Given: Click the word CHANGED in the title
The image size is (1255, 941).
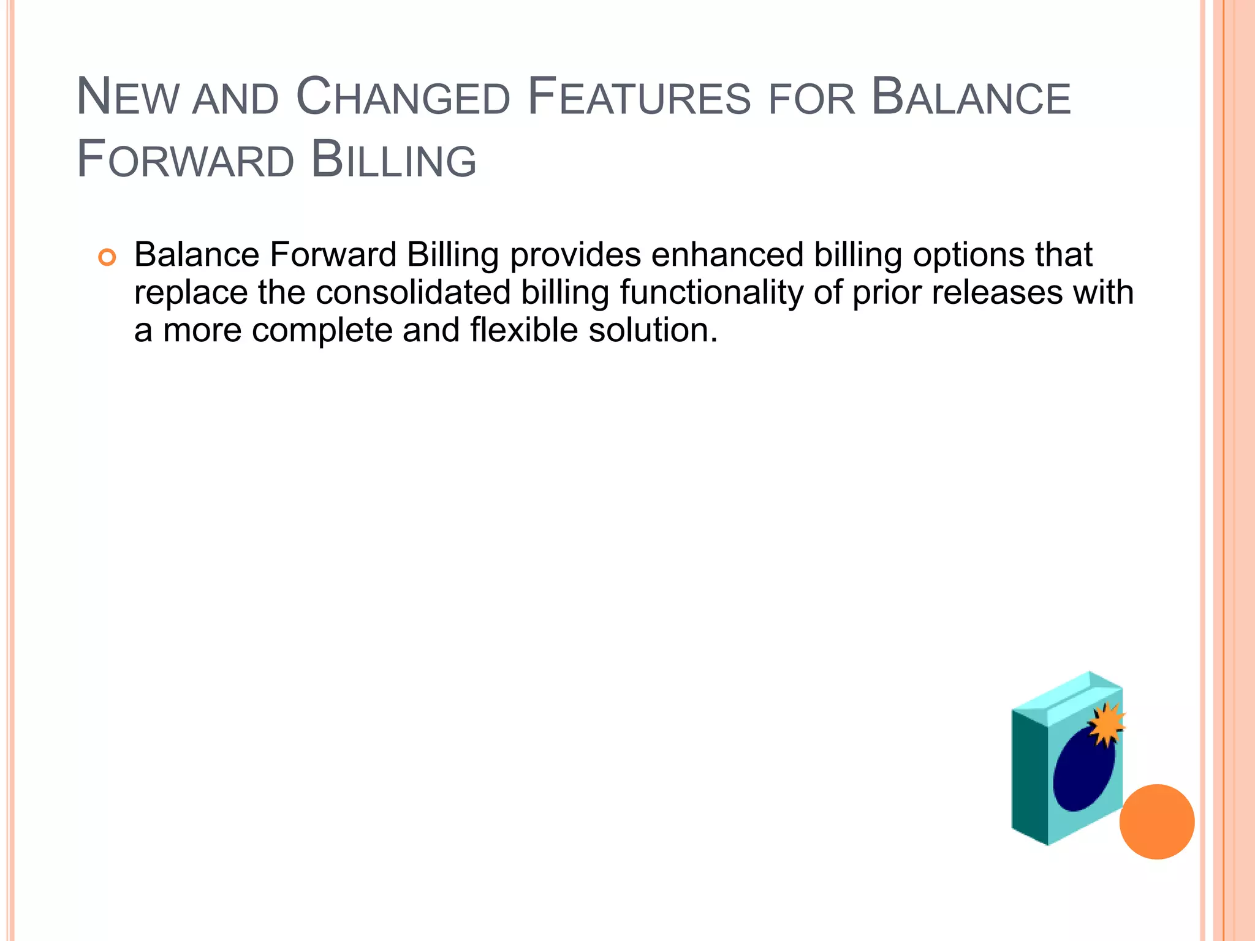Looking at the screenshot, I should [x=403, y=98].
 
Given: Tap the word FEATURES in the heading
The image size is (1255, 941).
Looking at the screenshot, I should [x=639, y=98].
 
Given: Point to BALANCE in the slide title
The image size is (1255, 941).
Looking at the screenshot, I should [x=971, y=98].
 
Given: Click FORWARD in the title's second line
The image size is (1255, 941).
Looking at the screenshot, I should [x=185, y=161].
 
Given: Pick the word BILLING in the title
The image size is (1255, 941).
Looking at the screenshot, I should [x=393, y=161].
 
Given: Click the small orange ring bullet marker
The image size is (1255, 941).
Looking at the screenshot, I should [x=107, y=258].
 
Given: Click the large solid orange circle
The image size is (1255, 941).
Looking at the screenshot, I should [x=1156, y=822].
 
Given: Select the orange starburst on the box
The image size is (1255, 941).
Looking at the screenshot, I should [x=1106, y=725].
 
